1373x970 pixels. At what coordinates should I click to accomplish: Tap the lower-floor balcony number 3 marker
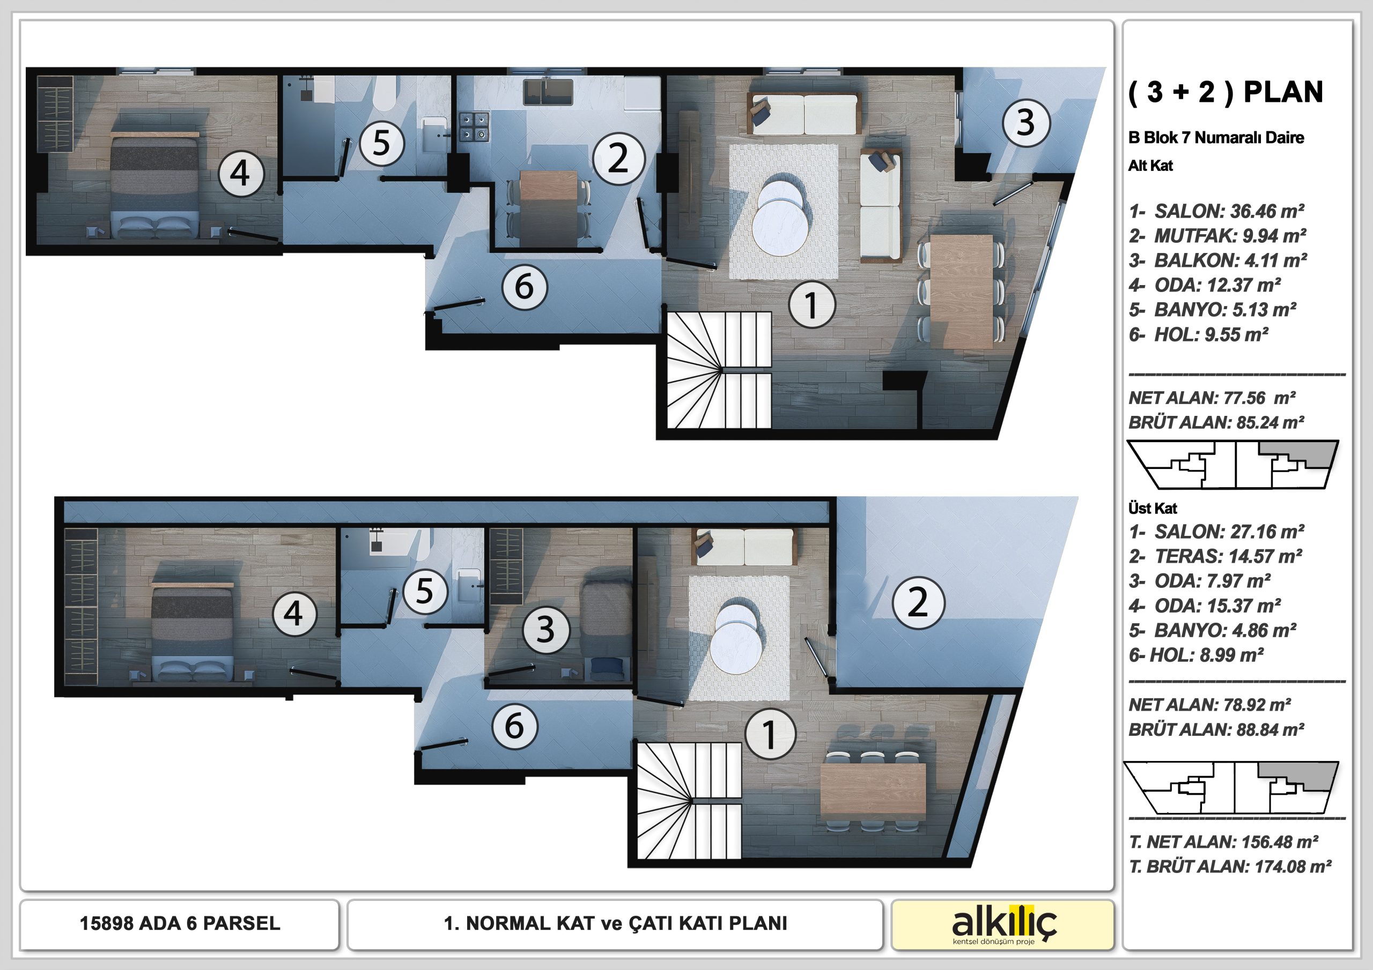1025,123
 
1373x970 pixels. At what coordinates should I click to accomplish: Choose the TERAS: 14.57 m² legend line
1215,556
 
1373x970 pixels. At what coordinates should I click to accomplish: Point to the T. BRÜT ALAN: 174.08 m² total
1230,867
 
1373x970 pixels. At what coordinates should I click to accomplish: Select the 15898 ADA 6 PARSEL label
180,923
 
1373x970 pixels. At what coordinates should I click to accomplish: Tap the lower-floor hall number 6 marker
524,287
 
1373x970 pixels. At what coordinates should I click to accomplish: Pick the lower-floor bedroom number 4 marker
240,173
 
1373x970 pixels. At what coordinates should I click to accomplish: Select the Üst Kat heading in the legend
1153,509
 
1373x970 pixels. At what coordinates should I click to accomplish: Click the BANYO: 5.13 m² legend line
1213,310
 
